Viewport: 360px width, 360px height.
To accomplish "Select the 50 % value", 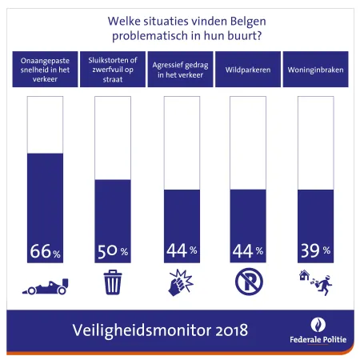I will click(113, 250).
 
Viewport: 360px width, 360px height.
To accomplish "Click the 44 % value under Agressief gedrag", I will click(180, 250).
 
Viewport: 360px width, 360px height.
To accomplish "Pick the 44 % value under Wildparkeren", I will click(247, 250).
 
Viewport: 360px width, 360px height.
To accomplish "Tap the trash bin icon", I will click(113, 282).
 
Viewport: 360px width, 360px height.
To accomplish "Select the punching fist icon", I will click(180, 282).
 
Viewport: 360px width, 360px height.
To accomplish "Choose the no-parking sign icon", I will click(247, 282).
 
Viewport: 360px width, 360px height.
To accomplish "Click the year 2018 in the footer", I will click(226, 330).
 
